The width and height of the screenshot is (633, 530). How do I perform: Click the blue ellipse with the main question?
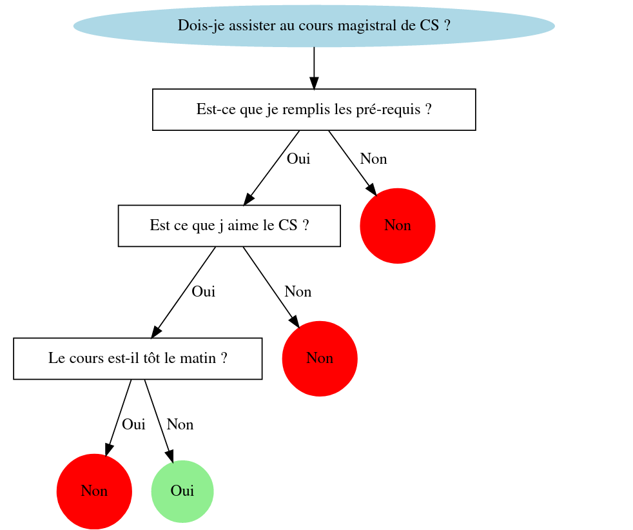pyautogui.click(x=314, y=26)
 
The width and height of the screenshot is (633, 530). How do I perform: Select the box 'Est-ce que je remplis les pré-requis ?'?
pyautogui.click(x=314, y=110)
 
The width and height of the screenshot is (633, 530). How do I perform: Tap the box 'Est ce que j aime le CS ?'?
pyautogui.click(x=229, y=226)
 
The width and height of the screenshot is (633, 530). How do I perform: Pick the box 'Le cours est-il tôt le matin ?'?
pyautogui.click(x=137, y=358)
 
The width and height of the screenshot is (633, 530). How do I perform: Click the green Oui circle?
pyautogui.click(x=182, y=491)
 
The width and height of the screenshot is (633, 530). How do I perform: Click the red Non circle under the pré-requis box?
pyautogui.click(x=398, y=226)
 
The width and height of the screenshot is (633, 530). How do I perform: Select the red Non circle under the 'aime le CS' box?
pyautogui.click(x=320, y=358)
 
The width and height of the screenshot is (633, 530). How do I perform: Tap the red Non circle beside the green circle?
pyautogui.click(x=94, y=491)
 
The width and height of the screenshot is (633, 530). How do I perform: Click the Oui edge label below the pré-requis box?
pyautogui.click(x=298, y=159)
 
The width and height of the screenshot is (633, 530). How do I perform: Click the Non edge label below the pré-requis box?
pyautogui.click(x=373, y=159)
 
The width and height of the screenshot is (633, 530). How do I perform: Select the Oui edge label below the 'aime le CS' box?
pyautogui.click(x=203, y=291)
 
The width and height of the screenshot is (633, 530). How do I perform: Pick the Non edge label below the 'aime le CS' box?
pyautogui.click(x=298, y=291)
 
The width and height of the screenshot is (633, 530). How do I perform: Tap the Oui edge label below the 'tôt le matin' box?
pyautogui.click(x=133, y=424)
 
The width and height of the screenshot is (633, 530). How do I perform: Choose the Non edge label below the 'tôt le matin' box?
pyautogui.click(x=180, y=424)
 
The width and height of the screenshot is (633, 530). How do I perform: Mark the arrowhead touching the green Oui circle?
pyautogui.click(x=170, y=456)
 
